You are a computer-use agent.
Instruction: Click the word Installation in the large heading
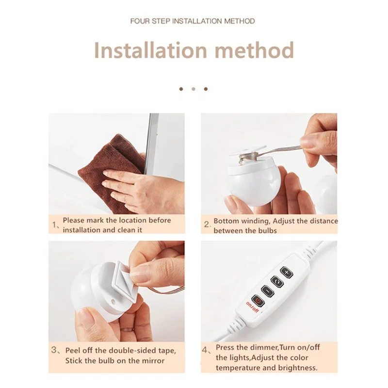(149, 50)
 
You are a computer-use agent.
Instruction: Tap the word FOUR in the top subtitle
(141, 21)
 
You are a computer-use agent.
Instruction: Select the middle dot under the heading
(194, 89)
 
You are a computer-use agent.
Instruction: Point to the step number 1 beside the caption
(55, 225)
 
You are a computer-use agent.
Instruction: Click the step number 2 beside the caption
(207, 225)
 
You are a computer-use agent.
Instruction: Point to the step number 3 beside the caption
(55, 350)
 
